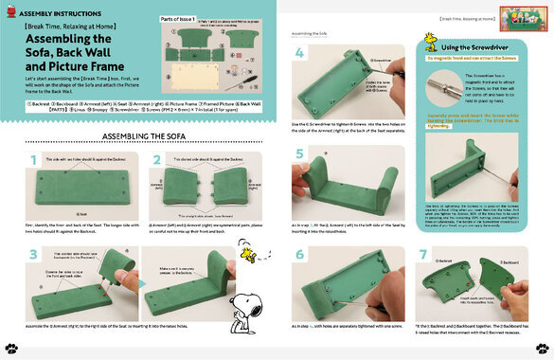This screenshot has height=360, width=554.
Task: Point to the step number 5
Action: tap(298, 154)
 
